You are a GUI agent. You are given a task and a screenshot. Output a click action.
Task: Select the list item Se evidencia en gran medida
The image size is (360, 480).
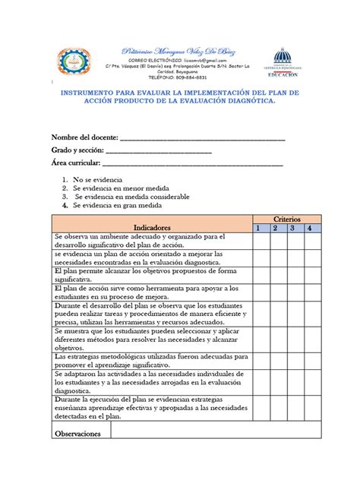click(117, 205)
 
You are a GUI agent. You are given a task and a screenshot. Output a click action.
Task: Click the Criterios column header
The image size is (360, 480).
click(286, 218)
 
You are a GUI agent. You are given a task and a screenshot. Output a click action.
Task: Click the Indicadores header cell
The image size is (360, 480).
click(152, 227)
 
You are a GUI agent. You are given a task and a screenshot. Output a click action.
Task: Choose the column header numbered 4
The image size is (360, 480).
click(309, 227)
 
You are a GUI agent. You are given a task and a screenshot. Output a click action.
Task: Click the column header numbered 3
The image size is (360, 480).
click(292, 227)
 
